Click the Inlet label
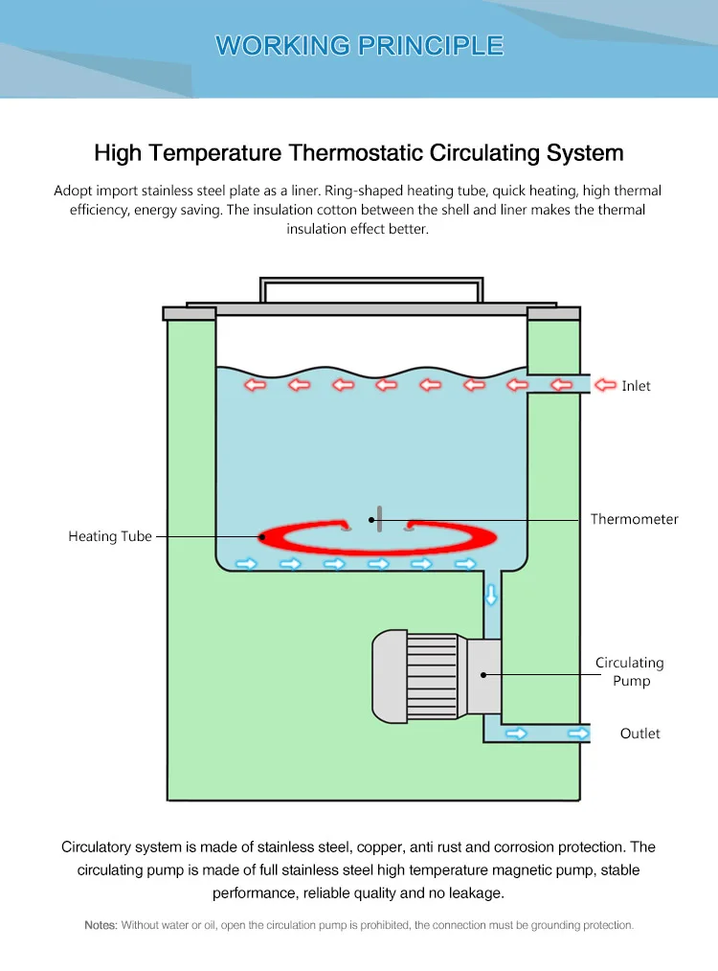[636, 386]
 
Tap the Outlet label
[639, 734]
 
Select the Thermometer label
[634, 519]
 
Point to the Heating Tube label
[110, 536]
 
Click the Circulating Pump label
[630, 671]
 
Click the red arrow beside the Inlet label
[605, 385]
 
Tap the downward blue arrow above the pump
[491, 595]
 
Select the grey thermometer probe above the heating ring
[380, 518]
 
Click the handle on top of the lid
[371, 288]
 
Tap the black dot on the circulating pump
[483, 674]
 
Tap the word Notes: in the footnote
[101, 925]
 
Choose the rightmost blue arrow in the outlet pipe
[577, 734]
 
